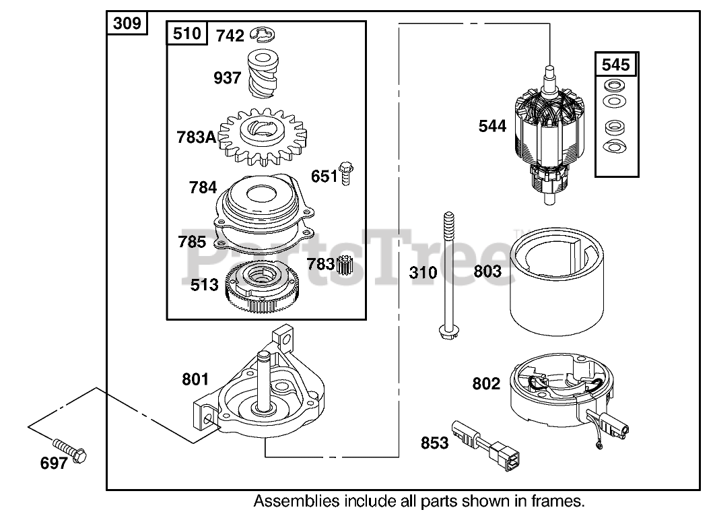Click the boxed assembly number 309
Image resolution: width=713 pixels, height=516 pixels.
tap(127, 24)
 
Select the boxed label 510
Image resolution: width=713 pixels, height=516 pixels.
tap(187, 33)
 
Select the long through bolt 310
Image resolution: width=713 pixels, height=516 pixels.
tap(447, 276)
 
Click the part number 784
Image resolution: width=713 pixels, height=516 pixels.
tap(203, 187)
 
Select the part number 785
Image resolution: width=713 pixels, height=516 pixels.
tap(193, 240)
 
